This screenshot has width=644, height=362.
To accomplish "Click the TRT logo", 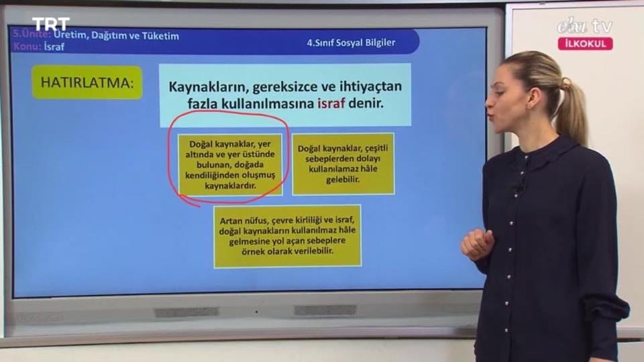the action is point(51,24).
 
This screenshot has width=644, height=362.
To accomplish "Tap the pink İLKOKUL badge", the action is point(585,44).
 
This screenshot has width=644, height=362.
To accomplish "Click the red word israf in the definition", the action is point(331,103).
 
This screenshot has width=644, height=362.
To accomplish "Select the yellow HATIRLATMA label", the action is point(87,82).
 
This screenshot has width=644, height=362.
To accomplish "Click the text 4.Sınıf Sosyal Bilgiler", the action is point(351,43).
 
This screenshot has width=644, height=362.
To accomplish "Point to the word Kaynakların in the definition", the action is point(207,87).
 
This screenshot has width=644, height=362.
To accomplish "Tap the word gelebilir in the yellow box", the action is point(343,180).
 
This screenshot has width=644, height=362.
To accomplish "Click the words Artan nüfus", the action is point(241,221).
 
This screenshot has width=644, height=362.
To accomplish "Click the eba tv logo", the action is point(584,26).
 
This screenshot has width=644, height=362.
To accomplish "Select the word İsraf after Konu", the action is point(54,47).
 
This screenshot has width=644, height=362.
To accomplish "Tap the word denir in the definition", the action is point(366,103).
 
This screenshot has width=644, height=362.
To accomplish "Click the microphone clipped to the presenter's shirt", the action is point(519,190).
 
